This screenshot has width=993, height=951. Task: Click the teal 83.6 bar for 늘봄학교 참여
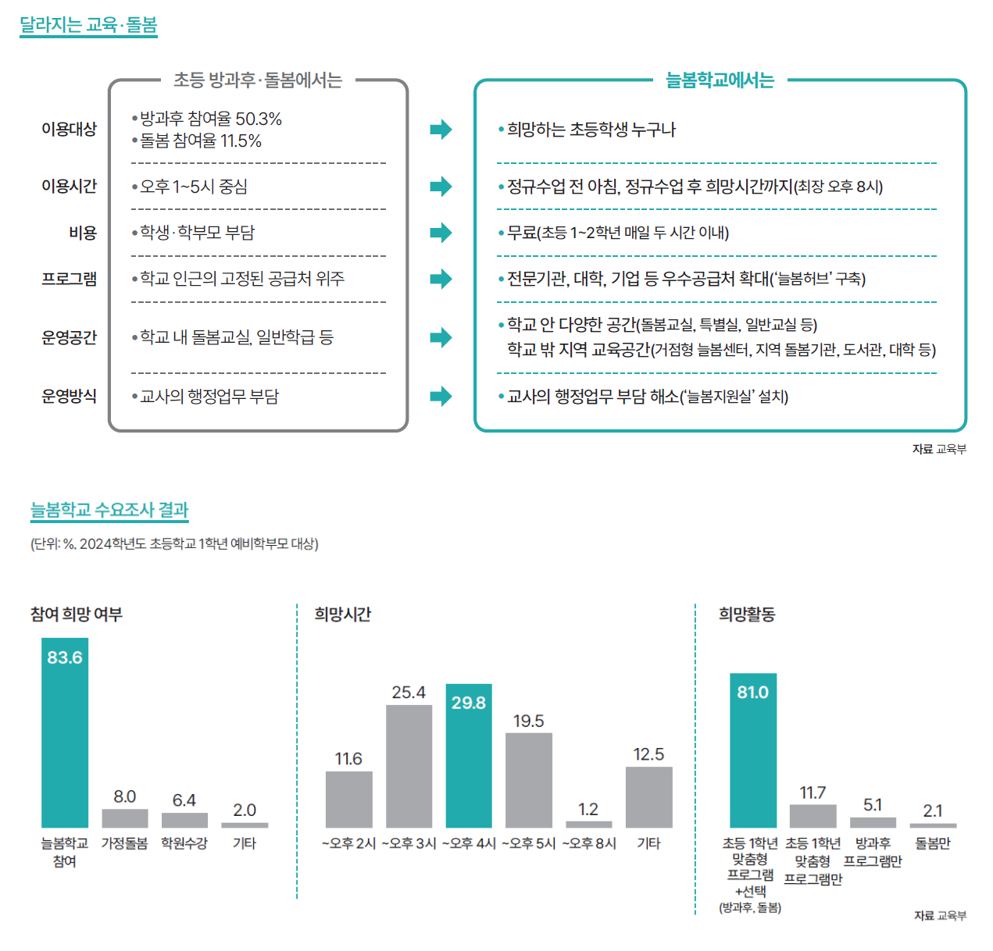[x=65, y=734]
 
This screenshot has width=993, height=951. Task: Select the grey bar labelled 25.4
[x=409, y=766]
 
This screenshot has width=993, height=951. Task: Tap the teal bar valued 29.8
[x=469, y=756]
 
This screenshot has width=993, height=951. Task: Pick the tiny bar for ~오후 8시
[x=588, y=824]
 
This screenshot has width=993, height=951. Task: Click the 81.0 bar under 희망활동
[x=753, y=750]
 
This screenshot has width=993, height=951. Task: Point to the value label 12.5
[x=648, y=754]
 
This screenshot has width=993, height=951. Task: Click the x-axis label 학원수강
[x=184, y=843]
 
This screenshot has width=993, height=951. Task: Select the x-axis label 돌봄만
[x=933, y=843]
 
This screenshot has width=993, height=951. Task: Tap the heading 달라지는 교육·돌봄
[x=88, y=25]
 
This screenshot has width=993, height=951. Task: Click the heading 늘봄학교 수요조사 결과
[x=109, y=510]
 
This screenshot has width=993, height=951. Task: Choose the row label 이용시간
[x=69, y=186]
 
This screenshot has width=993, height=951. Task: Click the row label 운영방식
[x=69, y=396]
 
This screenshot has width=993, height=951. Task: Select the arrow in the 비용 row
[x=441, y=233]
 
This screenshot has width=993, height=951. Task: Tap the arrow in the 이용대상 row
[x=441, y=129]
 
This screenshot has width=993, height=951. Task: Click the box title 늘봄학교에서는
[x=720, y=80]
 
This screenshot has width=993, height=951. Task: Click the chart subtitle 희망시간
[x=342, y=614]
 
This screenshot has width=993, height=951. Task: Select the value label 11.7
[x=813, y=792]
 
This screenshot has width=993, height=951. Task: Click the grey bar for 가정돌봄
[x=125, y=818]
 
